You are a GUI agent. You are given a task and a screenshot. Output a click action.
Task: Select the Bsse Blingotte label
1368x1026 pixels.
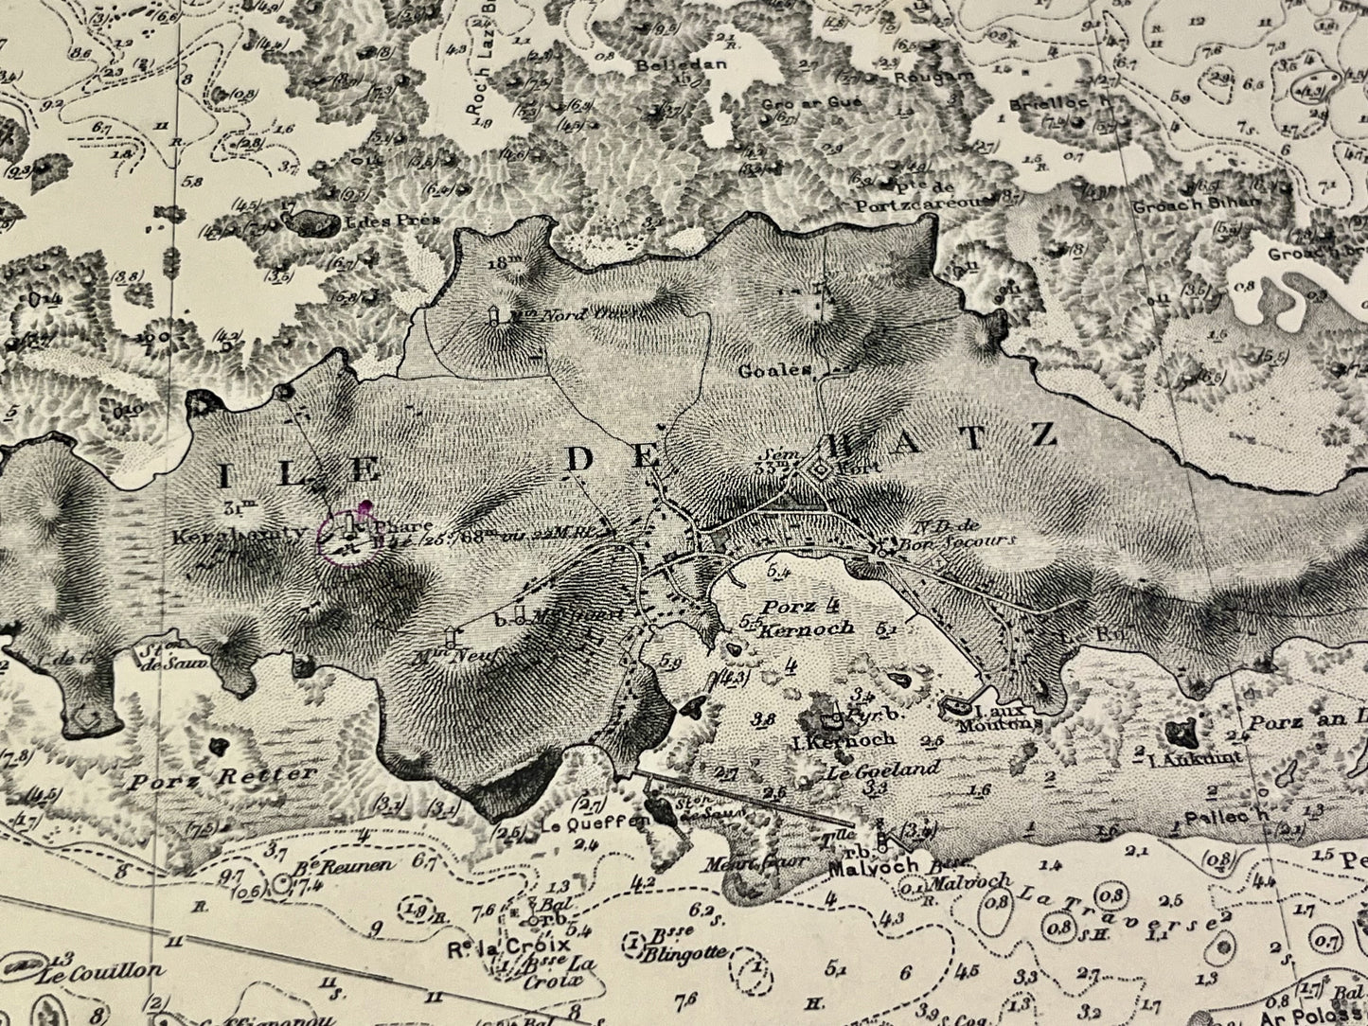click(679, 946)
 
